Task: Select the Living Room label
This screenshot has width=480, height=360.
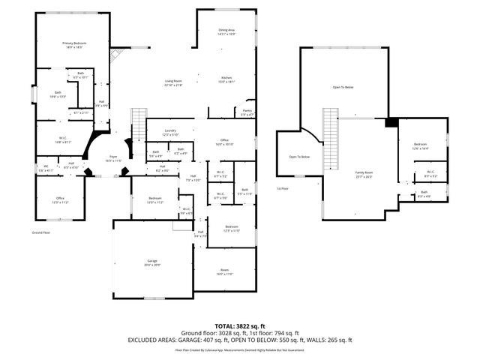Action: (x=174, y=82)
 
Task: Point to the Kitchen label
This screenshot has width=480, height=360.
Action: (x=227, y=79)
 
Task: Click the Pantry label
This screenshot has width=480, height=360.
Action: (x=247, y=112)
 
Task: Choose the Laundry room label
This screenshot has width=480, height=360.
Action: (x=170, y=132)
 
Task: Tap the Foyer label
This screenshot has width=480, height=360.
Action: (x=113, y=159)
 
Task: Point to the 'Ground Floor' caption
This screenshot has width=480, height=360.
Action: (x=40, y=233)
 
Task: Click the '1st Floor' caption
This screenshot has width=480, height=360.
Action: (x=283, y=189)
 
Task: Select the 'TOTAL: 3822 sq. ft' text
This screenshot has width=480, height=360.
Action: (x=240, y=325)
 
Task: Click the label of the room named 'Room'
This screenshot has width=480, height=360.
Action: (x=224, y=272)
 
